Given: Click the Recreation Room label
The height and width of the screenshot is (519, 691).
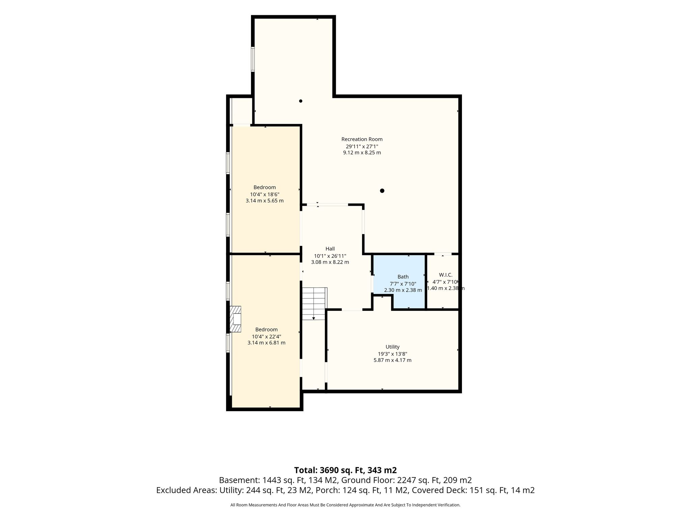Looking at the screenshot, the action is point(362,139).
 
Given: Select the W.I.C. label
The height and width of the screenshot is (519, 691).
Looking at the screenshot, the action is point(445,275).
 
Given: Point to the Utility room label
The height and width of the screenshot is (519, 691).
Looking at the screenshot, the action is point(392,347).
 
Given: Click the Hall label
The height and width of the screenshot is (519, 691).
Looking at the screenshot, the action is point(330,249).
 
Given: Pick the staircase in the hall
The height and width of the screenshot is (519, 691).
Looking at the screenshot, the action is point(314,303).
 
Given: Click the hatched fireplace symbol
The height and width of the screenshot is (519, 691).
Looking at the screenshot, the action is point(236,319).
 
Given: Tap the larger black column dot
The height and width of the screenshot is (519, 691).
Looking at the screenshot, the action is point(382,191).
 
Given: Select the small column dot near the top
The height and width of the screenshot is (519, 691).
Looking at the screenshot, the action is point(301,101).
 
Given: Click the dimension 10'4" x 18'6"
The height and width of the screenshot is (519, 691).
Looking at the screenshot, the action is point(265,194).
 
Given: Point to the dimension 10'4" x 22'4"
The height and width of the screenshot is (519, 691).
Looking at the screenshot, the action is point(266,337).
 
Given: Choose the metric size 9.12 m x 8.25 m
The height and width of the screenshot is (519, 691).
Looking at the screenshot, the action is point(362,153).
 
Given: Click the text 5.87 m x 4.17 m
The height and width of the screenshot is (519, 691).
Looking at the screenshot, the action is point(392,360).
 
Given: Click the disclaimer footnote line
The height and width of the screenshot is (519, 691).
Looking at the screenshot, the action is point(345,505).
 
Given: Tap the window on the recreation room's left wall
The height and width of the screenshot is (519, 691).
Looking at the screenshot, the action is point(252,59).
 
